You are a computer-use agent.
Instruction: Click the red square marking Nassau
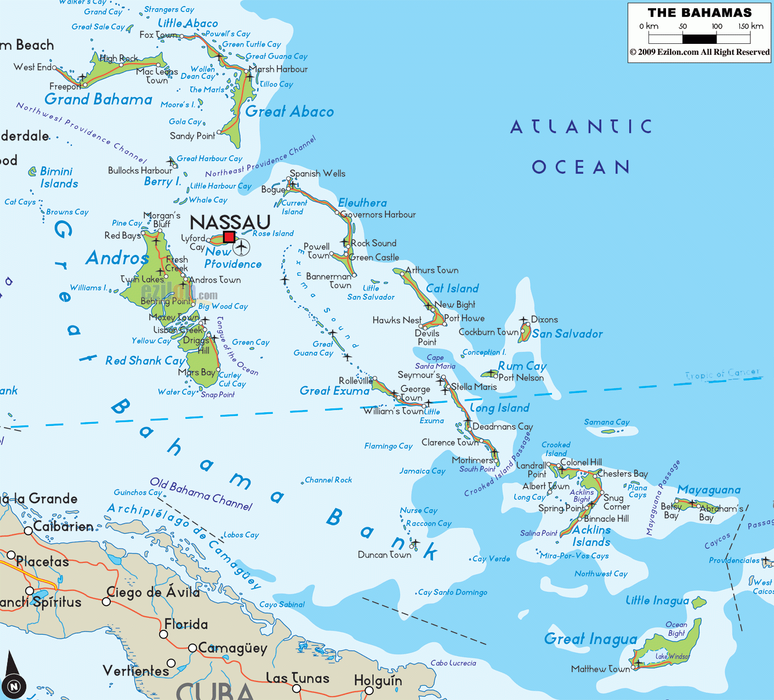coord(229,237)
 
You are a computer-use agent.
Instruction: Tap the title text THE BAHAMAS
coord(699,13)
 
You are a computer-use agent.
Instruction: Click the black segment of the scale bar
coord(699,39)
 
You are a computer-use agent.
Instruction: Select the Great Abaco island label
coord(289,112)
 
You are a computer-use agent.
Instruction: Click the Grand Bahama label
coord(99,99)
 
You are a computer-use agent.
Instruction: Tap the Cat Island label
coord(452,288)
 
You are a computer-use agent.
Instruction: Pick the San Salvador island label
coord(567,334)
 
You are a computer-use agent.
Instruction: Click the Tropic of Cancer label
coord(722,374)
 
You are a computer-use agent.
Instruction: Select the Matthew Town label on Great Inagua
coord(600,669)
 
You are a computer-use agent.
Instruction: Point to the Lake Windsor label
coord(672,656)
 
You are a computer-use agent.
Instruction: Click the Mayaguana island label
coord(709,490)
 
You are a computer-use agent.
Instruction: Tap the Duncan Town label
coord(384,555)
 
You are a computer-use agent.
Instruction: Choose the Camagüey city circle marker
coord(192,648)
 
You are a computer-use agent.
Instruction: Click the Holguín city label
coord(378,681)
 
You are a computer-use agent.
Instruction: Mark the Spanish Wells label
coord(317,173)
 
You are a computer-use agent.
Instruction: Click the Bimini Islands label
coord(59,178)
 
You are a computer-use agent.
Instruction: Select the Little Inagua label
coord(657,601)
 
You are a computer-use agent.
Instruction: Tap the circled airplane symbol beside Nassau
coord(241,247)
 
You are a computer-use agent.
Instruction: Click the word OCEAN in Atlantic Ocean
coord(580,167)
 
